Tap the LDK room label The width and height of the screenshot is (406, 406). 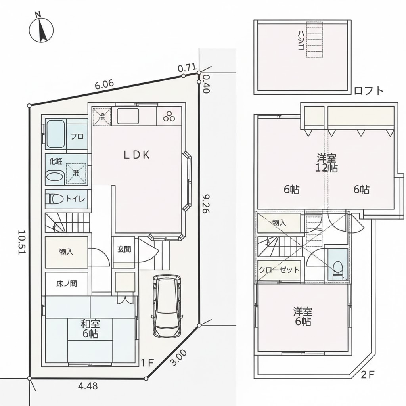point(137,155)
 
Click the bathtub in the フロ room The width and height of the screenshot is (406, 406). point(56,134)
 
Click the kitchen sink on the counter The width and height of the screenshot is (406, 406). point(128,116)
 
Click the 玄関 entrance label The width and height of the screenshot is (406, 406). point(124,250)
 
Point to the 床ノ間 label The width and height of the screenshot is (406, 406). point(66,284)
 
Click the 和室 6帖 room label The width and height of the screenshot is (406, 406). point(91,329)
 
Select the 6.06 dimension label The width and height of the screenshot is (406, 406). point(104,84)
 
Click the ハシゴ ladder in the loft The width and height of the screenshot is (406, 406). point(314,40)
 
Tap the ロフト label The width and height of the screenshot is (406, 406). point(369,91)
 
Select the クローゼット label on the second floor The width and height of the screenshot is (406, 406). point(279,270)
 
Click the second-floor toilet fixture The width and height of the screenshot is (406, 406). point(338,269)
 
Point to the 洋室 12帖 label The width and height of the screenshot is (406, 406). point(327,162)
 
